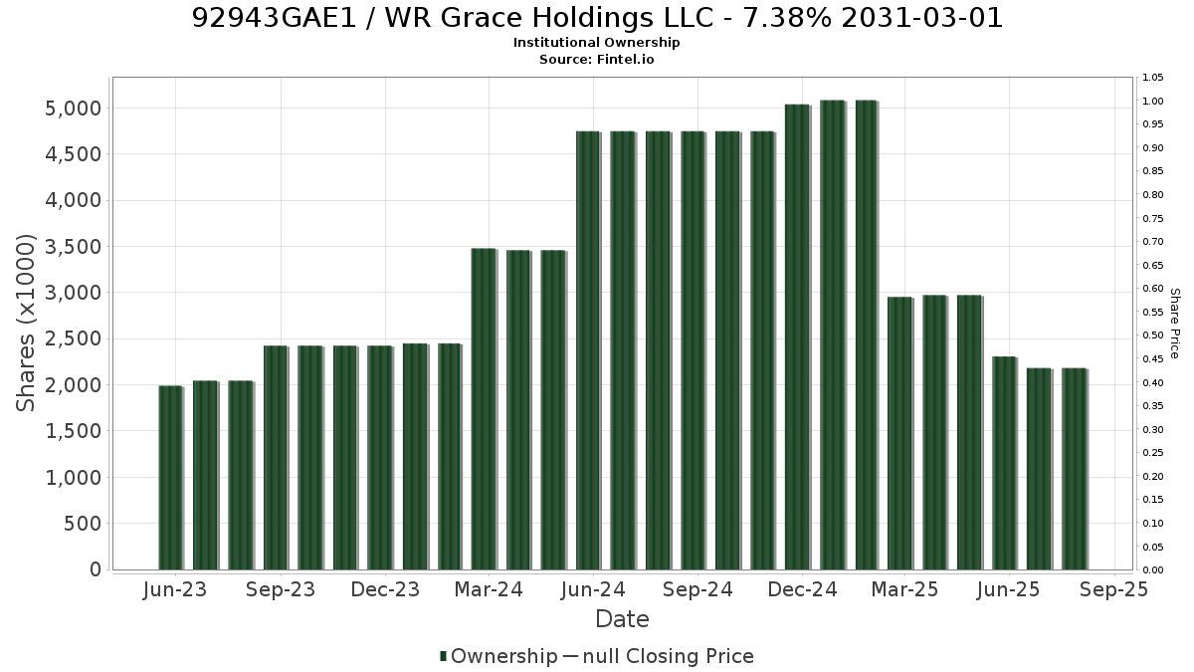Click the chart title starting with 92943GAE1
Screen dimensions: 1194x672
597,18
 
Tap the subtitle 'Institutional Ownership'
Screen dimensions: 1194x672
596,43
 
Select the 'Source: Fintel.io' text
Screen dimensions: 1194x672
596,59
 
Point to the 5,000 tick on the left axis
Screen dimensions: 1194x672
73,109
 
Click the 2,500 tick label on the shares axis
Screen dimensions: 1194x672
73,338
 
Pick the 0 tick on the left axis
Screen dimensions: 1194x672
96,569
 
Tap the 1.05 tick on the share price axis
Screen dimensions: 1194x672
1152,78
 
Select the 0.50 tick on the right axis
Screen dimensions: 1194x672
1152,336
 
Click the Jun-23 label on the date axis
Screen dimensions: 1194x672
175,589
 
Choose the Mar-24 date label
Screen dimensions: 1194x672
489,589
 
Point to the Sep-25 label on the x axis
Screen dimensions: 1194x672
1113,589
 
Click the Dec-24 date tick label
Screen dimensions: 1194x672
802,589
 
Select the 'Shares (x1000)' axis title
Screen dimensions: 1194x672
25,324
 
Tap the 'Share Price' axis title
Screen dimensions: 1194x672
1175,324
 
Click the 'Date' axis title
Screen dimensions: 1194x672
622,619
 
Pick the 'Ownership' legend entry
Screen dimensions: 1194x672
498,656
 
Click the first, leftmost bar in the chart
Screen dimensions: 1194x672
170,478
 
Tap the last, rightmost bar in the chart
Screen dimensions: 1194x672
1074,469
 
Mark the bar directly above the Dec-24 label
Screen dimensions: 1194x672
797,337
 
